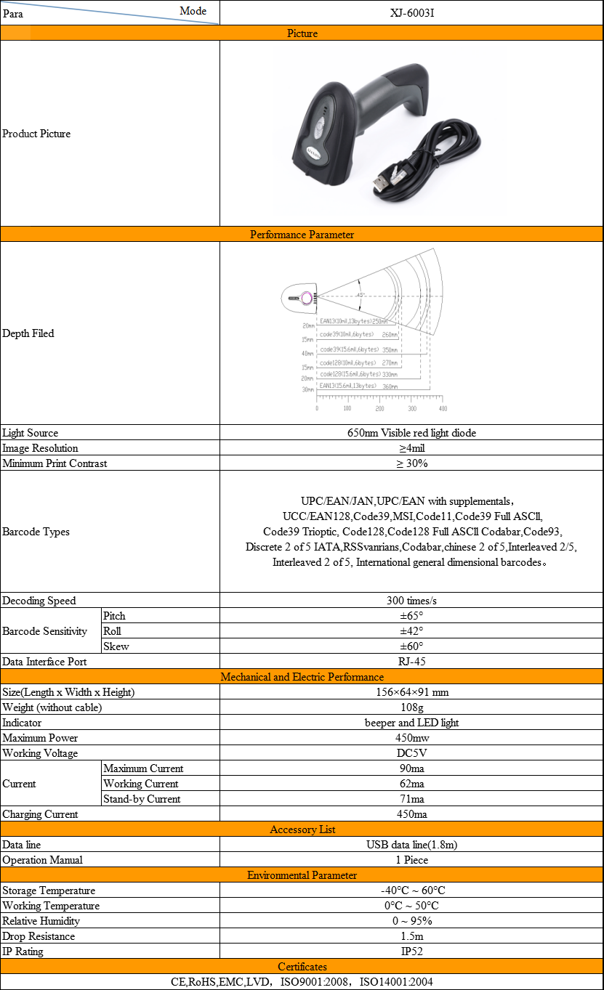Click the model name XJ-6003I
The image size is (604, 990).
tap(411, 12)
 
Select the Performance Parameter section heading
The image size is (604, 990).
tap(302, 235)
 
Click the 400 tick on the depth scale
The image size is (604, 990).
tap(443, 408)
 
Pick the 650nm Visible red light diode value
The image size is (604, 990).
tap(411, 433)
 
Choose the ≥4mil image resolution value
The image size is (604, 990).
tap(411, 448)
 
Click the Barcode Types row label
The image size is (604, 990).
tap(36, 532)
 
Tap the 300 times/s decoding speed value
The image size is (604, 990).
tap(411, 601)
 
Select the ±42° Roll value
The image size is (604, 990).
tap(411, 631)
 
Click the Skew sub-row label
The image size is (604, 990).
tap(116, 646)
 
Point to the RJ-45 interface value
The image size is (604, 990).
tap(411, 662)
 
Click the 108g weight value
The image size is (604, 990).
tap(411, 707)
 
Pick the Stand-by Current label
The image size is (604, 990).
tap(142, 799)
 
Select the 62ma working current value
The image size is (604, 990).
tap(411, 784)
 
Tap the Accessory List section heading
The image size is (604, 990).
tap(302, 829)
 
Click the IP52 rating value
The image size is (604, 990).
tap(411, 952)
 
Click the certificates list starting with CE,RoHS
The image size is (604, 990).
tap(302, 982)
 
